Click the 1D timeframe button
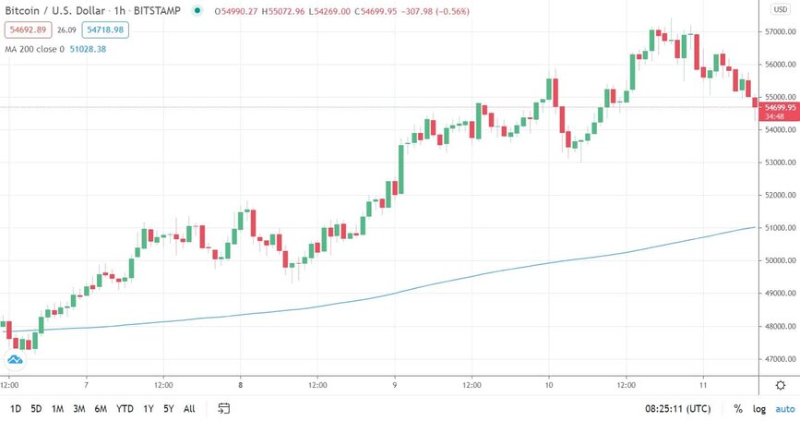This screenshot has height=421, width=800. pos(16,409)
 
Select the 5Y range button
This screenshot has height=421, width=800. pos(168,409)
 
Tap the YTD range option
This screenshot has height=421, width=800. pos(125,409)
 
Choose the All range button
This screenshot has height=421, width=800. pos(189,409)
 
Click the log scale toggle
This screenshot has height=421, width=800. pos(759,409)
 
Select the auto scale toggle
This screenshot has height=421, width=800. pos(785,409)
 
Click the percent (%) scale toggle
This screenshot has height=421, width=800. pos(738,409)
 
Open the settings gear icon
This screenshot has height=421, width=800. pos(781,385)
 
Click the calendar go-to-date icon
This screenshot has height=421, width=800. pos(223,408)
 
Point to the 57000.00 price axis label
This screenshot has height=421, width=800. pos(781,31)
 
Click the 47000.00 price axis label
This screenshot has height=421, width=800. pos(781,359)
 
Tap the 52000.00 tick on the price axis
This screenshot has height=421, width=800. pos(781,196)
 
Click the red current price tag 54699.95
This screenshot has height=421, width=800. pos(780,112)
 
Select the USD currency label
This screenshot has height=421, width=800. pos(781,9)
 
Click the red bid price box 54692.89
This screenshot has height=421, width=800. pos(28,30)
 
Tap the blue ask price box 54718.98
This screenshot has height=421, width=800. pos(105,30)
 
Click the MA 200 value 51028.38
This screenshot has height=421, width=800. pos(88,50)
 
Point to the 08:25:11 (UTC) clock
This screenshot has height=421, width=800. pos(677,409)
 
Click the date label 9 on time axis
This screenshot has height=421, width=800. pos(394,385)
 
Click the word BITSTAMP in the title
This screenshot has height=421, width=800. pos(157,11)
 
